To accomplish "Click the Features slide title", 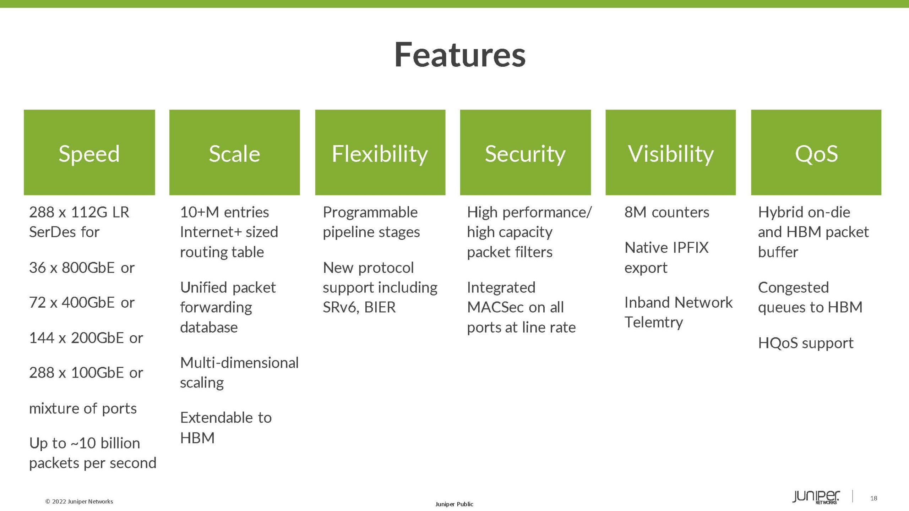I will (460, 55).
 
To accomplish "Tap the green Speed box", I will (89, 153).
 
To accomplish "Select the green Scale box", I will (234, 153).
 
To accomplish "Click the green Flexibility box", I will (380, 153).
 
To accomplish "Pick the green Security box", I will (525, 153).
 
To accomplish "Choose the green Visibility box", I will (670, 153).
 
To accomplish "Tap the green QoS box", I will (816, 153).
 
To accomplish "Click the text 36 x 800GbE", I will (72, 268).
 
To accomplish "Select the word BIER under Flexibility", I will (380, 307).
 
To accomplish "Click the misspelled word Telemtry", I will (653, 322).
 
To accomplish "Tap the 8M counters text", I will (666, 212).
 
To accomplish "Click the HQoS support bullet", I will (805, 343).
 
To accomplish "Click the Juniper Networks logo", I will (816, 497).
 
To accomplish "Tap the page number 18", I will (873, 498).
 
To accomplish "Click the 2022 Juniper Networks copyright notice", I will (79, 501).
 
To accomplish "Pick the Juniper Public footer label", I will (454, 504).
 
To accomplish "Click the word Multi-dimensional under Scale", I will (239, 363).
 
